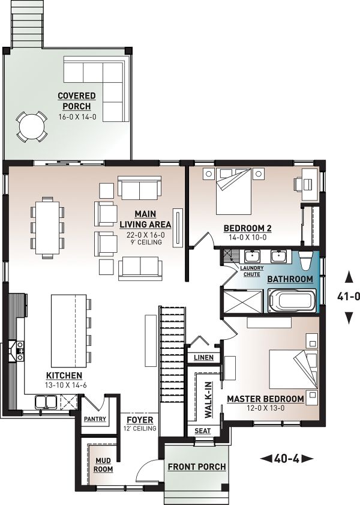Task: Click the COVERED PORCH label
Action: pyautogui.click(x=77, y=101)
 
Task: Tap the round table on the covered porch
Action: pyautogui.click(x=32, y=126)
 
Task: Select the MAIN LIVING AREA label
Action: pyautogui.click(x=145, y=219)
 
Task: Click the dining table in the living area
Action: pyautogui.click(x=47, y=228)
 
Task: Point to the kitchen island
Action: pyautogui.click(x=69, y=330)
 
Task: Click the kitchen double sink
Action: pyautogui.click(x=46, y=402)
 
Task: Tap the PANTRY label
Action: pyautogui.click(x=95, y=419)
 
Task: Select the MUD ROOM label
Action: pyautogui.click(x=103, y=465)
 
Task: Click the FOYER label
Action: pyautogui.click(x=140, y=420)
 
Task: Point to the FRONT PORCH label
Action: pyautogui.click(x=197, y=467)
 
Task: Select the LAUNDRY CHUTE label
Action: pyautogui.click(x=251, y=271)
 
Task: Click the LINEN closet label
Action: pyautogui.click(x=203, y=357)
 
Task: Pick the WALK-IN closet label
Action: pyautogui.click(x=209, y=400)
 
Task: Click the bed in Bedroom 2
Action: pyautogui.click(x=233, y=191)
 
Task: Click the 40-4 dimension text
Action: pyautogui.click(x=286, y=458)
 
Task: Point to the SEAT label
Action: pyautogui.click(x=203, y=431)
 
